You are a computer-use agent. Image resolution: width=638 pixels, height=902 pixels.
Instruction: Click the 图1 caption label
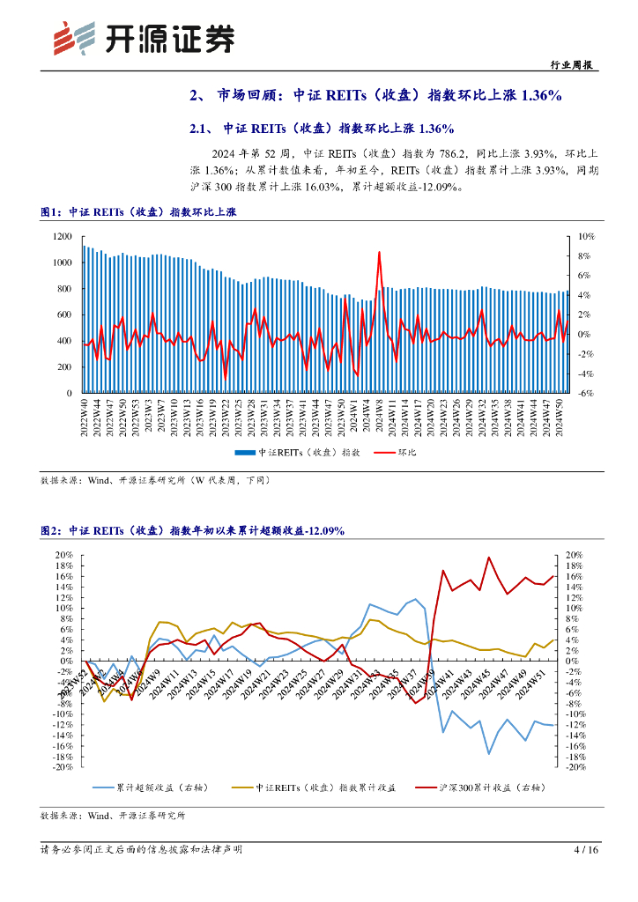[x=52, y=212]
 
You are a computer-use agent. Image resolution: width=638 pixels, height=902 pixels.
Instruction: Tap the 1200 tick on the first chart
[x=60, y=237]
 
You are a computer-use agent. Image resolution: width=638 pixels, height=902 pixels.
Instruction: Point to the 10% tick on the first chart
[x=584, y=237]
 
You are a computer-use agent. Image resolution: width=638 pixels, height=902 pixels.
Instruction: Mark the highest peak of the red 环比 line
[x=379, y=252]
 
